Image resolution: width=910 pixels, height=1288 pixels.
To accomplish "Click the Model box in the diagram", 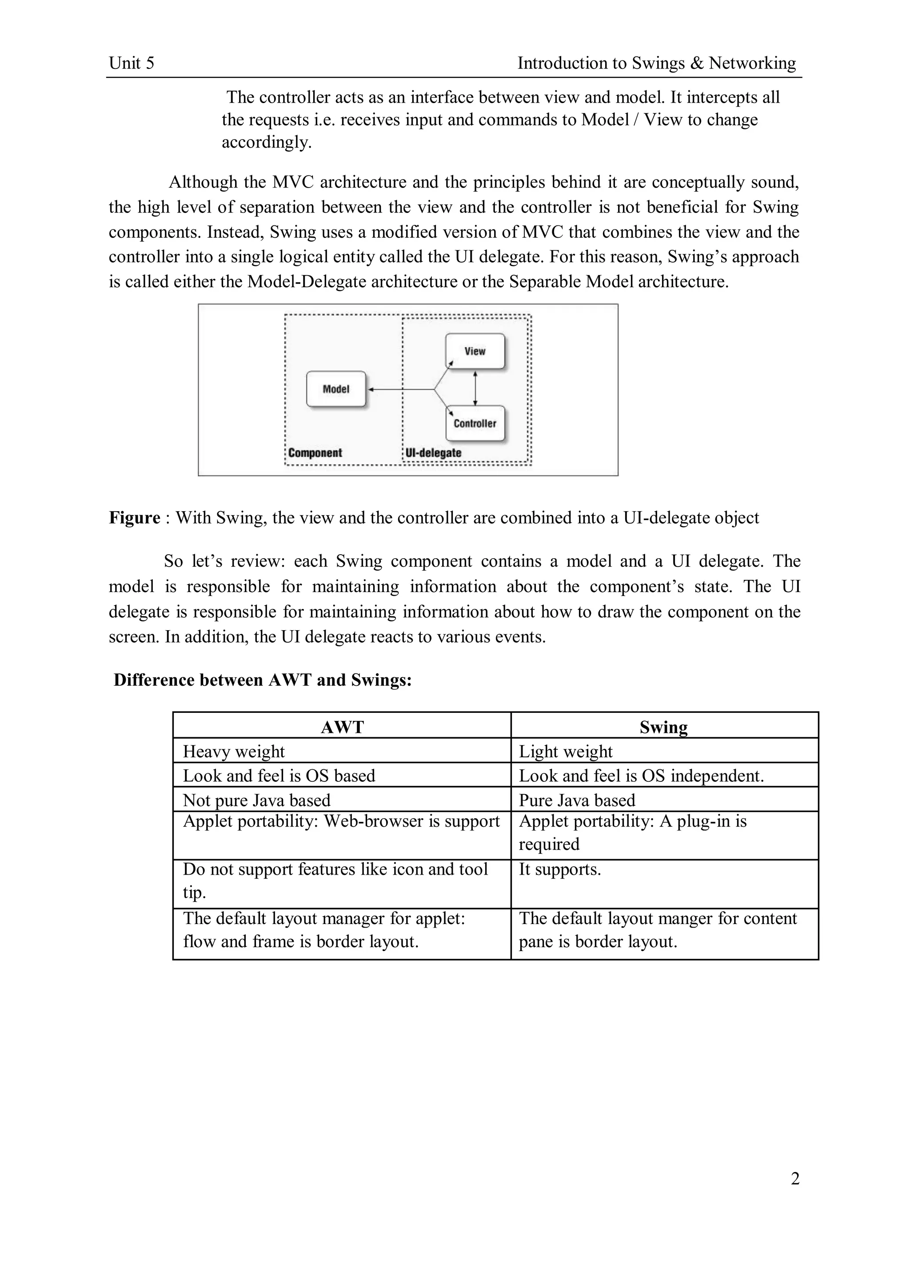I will (336, 389).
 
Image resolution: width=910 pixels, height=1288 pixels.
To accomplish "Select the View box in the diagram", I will (475, 351).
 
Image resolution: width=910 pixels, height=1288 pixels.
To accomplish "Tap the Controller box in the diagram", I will (475, 424).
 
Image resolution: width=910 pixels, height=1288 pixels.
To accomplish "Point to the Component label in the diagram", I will (315, 453).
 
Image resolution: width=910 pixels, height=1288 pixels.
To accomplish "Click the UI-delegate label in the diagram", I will (433, 453).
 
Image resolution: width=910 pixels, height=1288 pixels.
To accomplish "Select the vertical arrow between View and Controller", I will (475, 387).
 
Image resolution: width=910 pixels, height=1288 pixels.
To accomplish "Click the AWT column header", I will (342, 727).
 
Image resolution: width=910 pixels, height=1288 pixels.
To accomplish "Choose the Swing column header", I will (663, 727).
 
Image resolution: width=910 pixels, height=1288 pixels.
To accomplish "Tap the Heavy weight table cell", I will (234, 751).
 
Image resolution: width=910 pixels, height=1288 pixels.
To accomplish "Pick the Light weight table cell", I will (565, 751).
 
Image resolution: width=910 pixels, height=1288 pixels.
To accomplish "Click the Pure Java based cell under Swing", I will (577, 800).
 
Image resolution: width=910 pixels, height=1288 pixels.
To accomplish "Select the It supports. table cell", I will (559, 869).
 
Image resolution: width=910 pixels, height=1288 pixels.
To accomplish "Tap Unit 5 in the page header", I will (131, 63).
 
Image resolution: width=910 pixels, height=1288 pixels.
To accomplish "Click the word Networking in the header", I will (752, 63).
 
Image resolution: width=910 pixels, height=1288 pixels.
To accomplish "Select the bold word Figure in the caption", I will (135, 517).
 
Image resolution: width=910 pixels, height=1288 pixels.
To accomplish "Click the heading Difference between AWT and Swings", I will (263, 680).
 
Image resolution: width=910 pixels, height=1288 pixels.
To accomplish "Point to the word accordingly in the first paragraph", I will (266, 143).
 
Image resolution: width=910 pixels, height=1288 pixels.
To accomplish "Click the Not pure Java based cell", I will (256, 800).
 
